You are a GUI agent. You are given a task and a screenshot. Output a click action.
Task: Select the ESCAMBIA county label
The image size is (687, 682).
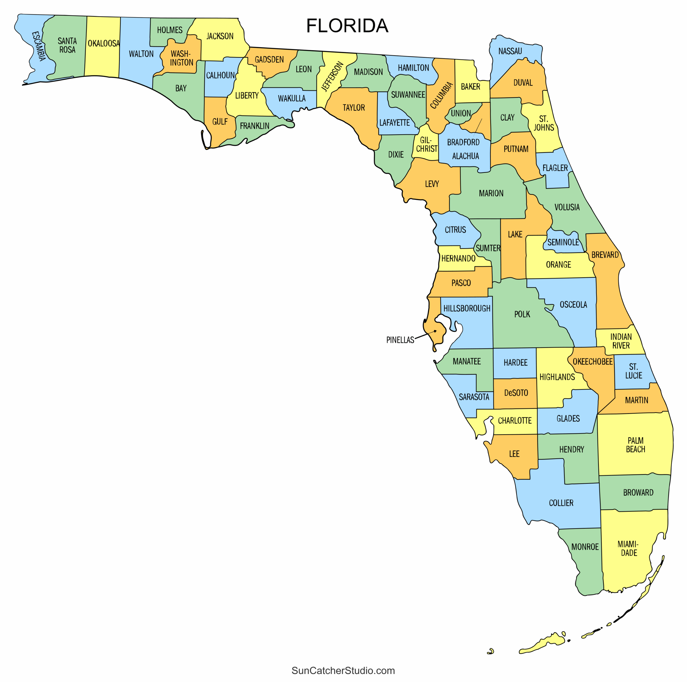click(39, 46)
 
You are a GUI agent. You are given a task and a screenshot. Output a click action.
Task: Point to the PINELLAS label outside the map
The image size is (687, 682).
click(400, 340)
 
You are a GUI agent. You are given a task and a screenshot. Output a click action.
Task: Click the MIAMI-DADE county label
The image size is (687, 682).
click(628, 548)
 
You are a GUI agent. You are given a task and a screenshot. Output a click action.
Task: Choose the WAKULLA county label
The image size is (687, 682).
click(292, 98)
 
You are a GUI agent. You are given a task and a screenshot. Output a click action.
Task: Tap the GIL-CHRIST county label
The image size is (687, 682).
click(427, 144)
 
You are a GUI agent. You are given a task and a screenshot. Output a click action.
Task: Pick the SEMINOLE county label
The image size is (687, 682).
click(563, 242)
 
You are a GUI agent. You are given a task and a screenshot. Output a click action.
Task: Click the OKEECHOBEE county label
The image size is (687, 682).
click(593, 361)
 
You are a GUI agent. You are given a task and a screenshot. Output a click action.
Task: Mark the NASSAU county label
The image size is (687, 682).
click(510, 51)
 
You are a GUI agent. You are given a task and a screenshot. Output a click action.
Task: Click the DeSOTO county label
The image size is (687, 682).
click(516, 393)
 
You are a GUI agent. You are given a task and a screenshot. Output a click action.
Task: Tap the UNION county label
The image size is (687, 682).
click(461, 114)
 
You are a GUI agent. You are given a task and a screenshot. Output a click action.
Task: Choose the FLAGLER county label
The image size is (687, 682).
click(555, 168)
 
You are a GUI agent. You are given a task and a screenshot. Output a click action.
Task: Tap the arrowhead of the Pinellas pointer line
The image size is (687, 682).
click(435, 331)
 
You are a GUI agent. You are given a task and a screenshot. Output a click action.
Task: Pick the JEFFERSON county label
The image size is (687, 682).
click(332, 77)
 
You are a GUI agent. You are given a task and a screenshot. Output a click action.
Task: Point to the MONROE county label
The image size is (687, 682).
click(585, 546)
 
